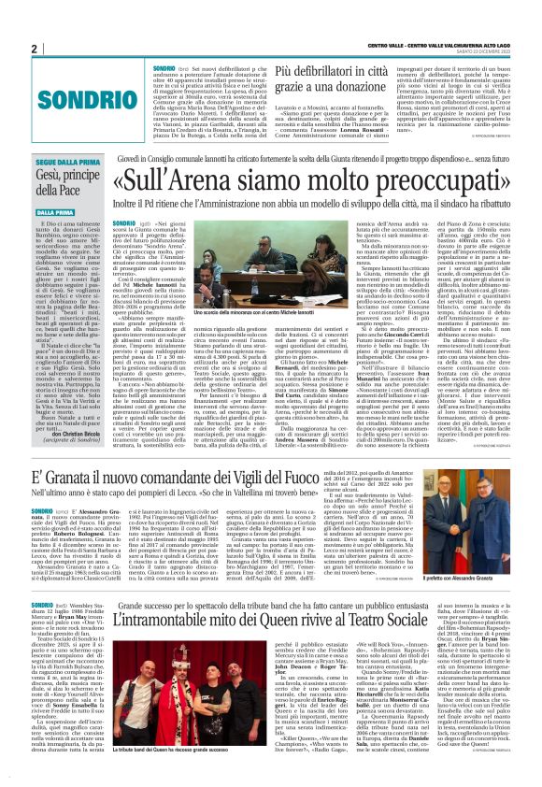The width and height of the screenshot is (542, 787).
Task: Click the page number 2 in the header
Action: [x=35, y=48]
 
